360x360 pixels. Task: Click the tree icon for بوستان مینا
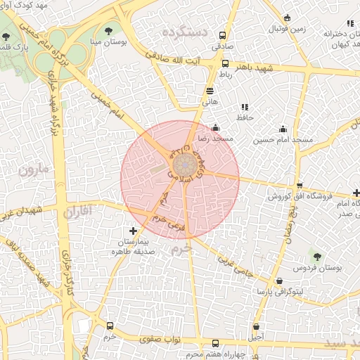pyautogui.click(x=109, y=30)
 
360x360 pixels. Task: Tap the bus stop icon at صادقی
pyautogui.click(x=223, y=35)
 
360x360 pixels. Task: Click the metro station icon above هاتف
pyautogui.click(x=210, y=91)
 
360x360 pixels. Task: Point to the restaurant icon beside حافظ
pyautogui.click(x=245, y=107)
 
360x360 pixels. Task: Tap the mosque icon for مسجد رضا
pyautogui.click(x=215, y=128)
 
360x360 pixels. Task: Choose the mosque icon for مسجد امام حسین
pyautogui.click(x=283, y=129)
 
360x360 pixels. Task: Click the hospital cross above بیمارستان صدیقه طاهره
pyautogui.click(x=134, y=231)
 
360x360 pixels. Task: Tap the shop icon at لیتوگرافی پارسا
pyautogui.click(x=281, y=281)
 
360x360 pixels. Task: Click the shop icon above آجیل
pyautogui.click(x=256, y=326)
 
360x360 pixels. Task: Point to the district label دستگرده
pyautogui.click(x=184, y=32)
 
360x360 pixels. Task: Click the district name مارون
pyautogui.click(x=35, y=169)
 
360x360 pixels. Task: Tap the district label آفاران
pyautogui.click(x=78, y=211)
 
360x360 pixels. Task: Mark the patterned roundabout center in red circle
pyautogui.click(x=185, y=167)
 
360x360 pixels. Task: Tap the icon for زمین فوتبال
pyautogui.click(x=287, y=19)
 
